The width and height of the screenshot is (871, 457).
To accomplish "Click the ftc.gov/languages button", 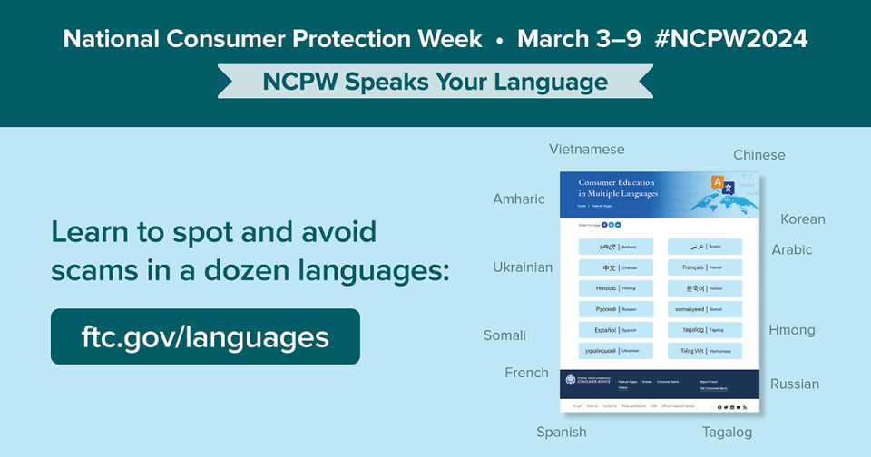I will click(205, 336).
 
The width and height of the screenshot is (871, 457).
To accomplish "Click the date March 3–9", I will click(578, 39).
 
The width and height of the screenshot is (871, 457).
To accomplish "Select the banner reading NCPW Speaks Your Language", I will click(435, 83).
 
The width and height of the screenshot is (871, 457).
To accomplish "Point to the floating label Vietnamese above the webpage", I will click(586, 150).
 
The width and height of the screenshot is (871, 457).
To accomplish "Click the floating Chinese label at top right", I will click(758, 155).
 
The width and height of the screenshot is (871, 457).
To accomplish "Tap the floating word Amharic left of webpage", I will click(518, 199).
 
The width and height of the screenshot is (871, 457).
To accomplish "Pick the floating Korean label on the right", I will click(802, 219).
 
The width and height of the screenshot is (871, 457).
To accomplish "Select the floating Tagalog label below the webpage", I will click(727, 433).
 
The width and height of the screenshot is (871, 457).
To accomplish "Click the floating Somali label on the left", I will click(504, 335).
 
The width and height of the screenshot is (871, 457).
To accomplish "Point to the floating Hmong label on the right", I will click(791, 330).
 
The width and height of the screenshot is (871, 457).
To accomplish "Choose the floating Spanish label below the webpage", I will click(561, 433).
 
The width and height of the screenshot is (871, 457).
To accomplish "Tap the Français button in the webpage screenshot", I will click(705, 267).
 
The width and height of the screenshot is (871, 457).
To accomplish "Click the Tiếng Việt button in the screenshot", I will click(705, 351).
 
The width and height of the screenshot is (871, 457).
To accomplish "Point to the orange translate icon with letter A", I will click(718, 182).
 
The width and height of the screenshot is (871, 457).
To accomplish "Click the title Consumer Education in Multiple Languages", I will click(617, 189).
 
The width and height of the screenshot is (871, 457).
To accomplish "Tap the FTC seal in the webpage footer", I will click(571, 380).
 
